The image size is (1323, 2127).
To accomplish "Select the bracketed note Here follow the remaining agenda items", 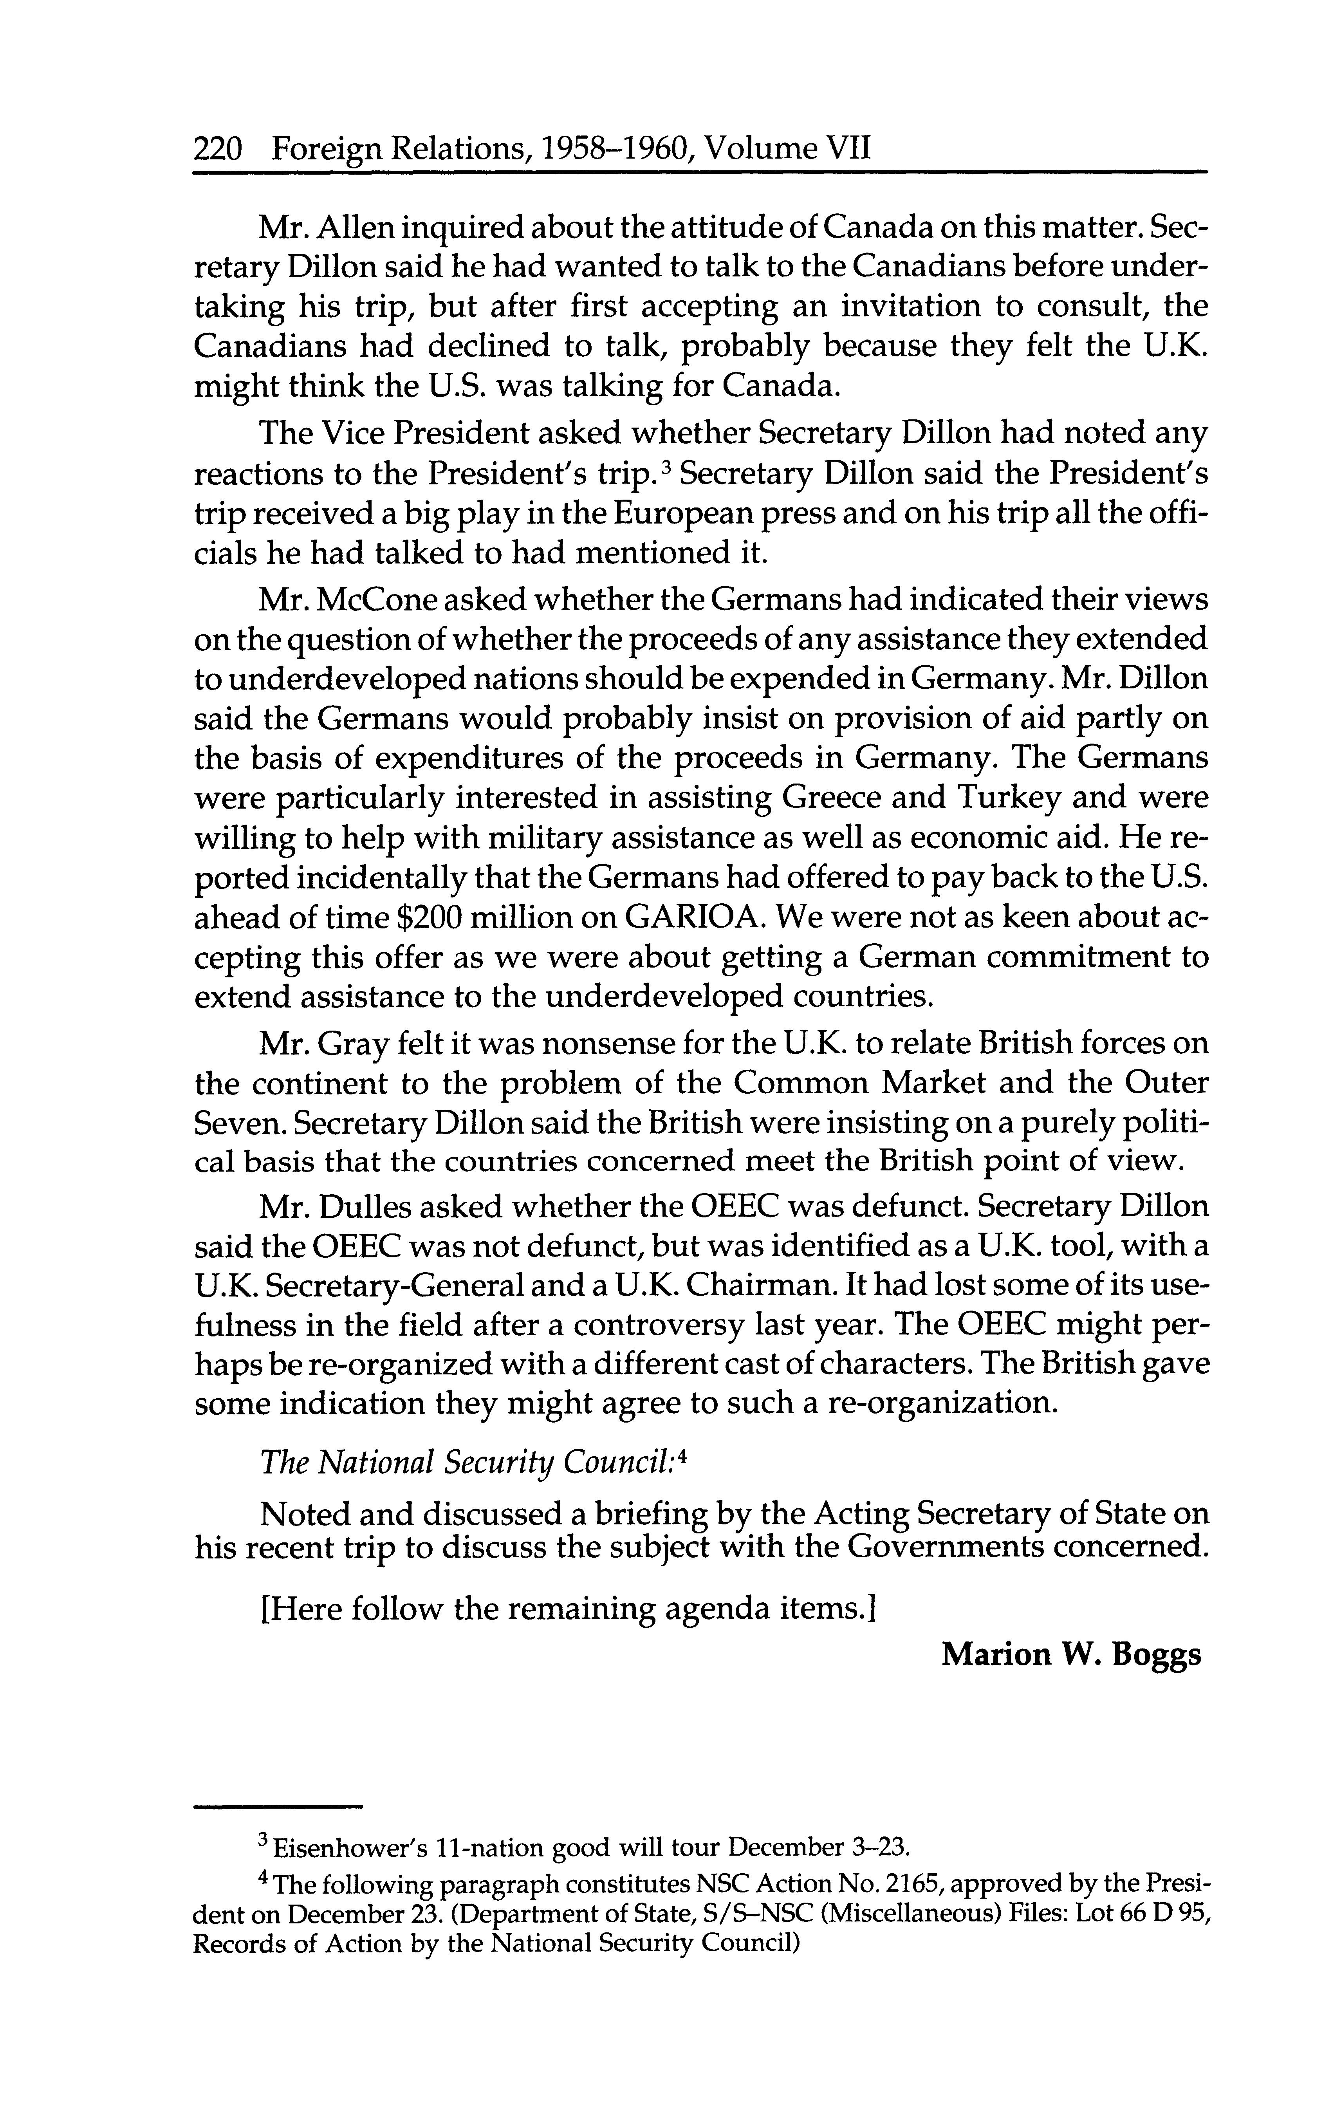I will [569, 1608].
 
